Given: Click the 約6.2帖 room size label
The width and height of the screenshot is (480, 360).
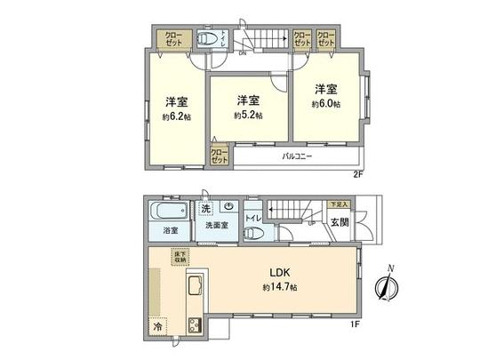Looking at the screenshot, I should point(177,116).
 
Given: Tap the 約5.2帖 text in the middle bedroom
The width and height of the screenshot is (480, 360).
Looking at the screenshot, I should point(247,116).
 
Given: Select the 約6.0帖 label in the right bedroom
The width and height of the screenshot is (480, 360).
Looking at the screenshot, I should point(326,104).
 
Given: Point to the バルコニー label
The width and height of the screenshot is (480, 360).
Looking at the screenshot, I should point(296,156).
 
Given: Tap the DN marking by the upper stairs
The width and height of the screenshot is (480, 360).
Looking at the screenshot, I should point(241,52).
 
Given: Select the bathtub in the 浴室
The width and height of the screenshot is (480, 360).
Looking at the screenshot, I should point(167,213).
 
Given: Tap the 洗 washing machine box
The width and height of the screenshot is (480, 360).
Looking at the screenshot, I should point(205,209).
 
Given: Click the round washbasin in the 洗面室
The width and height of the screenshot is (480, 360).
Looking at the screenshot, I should point(228,207).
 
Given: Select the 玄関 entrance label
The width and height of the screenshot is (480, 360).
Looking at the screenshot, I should point(340,222).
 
